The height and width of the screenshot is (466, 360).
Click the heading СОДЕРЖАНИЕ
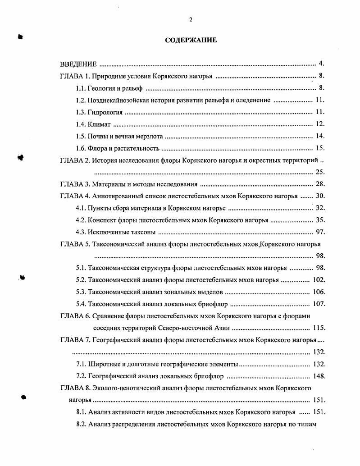(x=191, y=40)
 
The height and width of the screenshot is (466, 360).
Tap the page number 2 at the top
(x=191, y=19)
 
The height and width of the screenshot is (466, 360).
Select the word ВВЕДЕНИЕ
(x=78, y=64)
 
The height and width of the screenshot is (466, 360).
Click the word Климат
(x=99, y=124)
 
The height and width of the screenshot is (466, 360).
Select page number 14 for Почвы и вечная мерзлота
(x=320, y=136)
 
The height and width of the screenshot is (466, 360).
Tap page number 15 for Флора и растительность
(x=320, y=148)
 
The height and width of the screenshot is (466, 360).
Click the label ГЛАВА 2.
(x=75, y=160)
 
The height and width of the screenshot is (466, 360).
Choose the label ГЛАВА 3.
(x=75, y=184)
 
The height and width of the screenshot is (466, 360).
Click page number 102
(x=319, y=280)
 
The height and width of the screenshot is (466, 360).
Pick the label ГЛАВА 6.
(x=75, y=316)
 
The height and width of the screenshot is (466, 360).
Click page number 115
(x=319, y=328)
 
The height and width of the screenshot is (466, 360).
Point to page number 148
(x=319, y=376)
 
